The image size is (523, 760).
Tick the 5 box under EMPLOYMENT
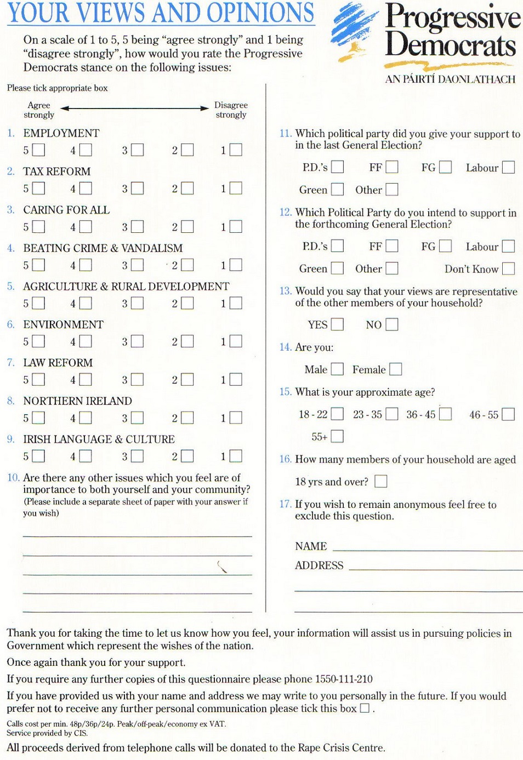38,150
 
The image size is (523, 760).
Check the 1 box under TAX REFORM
236,188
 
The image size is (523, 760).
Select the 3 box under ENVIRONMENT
137,341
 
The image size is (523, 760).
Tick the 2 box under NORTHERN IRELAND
187,418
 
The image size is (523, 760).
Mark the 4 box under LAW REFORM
86,379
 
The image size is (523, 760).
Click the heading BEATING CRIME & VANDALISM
103,248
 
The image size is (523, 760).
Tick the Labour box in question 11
508,167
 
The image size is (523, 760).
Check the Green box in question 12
337,268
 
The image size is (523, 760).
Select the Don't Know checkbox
508,268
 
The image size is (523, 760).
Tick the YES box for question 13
337,324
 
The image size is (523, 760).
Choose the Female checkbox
395,369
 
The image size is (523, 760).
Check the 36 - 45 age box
445,414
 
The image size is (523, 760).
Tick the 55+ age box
337,436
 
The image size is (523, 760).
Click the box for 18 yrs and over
380,481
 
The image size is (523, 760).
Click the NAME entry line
428,548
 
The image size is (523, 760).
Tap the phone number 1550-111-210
344,679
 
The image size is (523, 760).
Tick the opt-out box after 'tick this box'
365,708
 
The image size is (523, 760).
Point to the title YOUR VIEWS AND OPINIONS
161,13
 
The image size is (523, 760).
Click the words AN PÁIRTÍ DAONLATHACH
450,79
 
